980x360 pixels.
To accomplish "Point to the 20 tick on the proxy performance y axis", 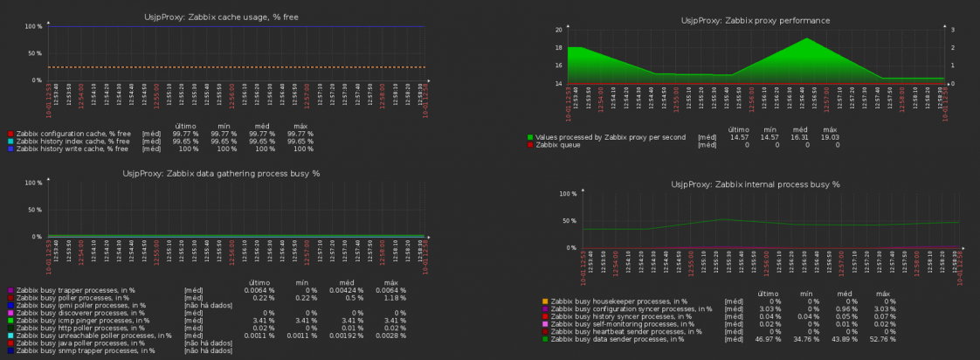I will click(x=557, y=30).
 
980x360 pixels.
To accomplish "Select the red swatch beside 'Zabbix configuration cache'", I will click(x=10, y=134).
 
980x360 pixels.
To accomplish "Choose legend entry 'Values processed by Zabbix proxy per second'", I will click(x=606, y=137).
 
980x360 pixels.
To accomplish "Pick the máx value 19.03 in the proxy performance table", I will click(x=829, y=137).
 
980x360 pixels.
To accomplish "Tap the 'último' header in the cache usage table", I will click(x=186, y=125).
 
